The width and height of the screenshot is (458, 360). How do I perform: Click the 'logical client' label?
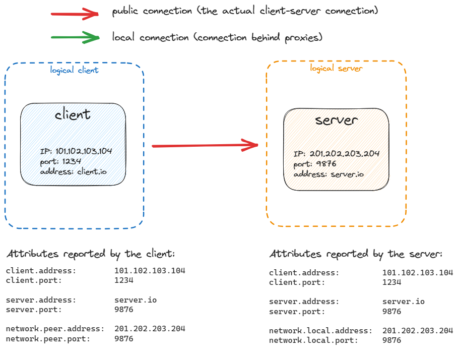[74, 70]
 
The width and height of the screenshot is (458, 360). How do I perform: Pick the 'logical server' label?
[336, 68]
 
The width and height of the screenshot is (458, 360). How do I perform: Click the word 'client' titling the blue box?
[73, 114]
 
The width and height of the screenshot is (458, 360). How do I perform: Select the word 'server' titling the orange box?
[336, 120]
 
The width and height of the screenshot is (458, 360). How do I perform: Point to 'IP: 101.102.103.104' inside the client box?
[76, 151]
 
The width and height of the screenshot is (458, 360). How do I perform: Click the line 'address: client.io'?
[74, 171]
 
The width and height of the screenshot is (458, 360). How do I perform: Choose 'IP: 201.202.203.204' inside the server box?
[337, 154]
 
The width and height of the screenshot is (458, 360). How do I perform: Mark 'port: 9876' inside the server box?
[314, 164]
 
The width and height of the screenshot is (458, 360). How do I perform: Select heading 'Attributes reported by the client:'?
[91, 254]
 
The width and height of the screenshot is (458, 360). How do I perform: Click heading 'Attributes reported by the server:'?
[356, 254]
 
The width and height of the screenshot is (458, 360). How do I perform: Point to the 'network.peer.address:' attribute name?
[55, 329]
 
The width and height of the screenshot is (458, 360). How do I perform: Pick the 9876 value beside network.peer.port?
[124, 339]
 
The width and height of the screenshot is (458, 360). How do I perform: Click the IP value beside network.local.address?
[418, 331]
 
